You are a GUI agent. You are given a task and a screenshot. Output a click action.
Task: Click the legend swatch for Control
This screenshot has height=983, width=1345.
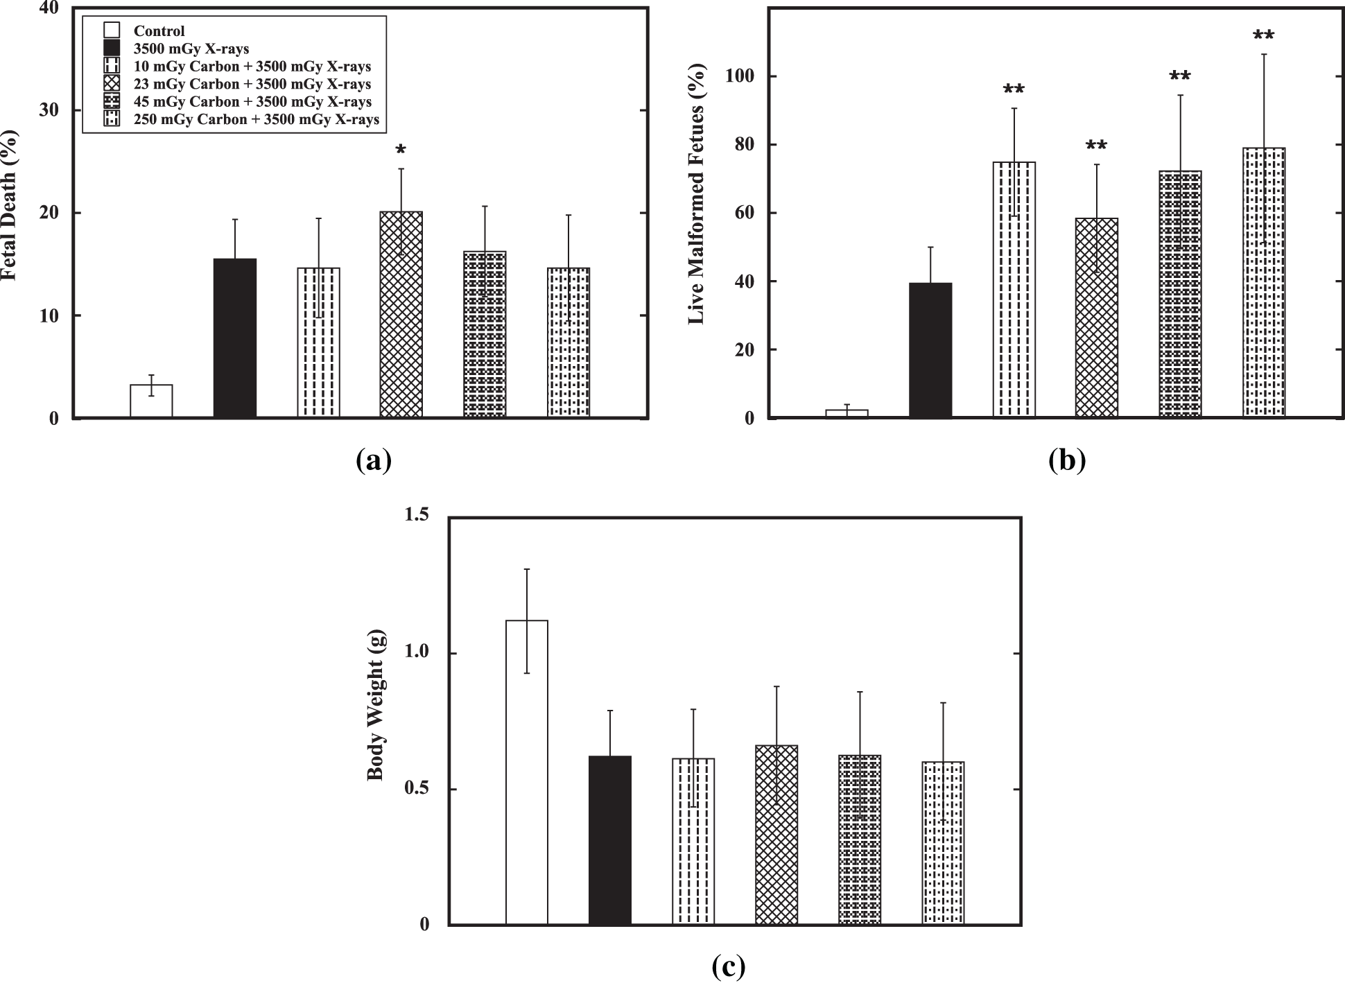click(112, 31)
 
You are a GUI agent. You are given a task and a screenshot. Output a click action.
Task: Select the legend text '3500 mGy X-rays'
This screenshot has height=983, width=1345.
click(191, 49)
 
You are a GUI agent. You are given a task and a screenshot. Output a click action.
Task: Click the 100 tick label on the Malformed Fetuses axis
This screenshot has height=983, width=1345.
click(739, 76)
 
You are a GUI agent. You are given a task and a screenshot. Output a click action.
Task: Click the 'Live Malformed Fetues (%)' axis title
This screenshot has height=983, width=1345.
click(696, 194)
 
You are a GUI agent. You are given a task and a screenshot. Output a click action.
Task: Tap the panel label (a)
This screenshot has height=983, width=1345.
click(373, 460)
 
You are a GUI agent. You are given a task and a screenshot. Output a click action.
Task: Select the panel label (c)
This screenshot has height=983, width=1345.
click(728, 966)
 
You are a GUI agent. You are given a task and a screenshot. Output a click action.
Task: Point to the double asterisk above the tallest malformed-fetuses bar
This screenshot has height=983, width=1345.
click(1263, 35)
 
